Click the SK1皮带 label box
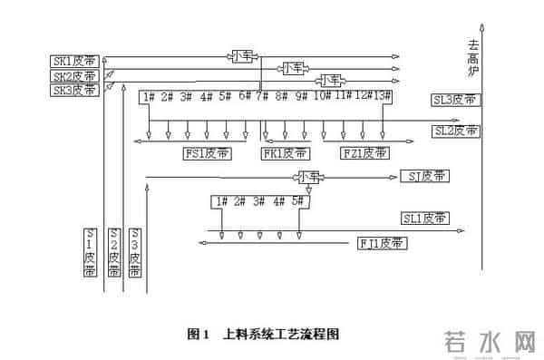(x=74, y=61)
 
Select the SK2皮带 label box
(x=74, y=75)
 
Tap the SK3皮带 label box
(x=74, y=89)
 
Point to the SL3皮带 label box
(x=456, y=100)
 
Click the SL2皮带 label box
(x=456, y=131)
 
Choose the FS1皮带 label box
(x=207, y=153)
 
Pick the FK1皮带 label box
(x=286, y=153)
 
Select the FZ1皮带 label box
(x=364, y=153)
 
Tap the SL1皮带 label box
(x=425, y=219)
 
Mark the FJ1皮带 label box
(x=382, y=243)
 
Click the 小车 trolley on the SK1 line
(x=243, y=56)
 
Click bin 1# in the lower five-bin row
(x=219, y=201)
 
